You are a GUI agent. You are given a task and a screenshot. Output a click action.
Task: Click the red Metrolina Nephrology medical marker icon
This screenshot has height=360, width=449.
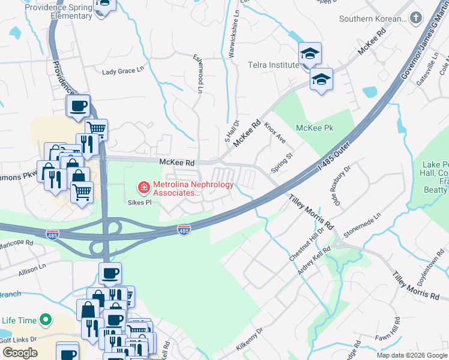pyautogui.click(x=144, y=188)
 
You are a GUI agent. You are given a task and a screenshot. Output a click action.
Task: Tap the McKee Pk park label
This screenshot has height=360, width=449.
pyautogui.click(x=315, y=128)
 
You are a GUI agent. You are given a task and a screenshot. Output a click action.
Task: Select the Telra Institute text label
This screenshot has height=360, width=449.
pyautogui.click(x=273, y=65)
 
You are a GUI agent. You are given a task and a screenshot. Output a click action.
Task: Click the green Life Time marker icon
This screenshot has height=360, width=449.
pyautogui.click(x=44, y=320)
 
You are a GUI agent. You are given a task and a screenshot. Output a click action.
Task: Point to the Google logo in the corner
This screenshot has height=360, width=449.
pyautogui.click(x=20, y=353)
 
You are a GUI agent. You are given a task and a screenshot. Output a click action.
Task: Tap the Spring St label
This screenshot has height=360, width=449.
pyautogui.click(x=281, y=163)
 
